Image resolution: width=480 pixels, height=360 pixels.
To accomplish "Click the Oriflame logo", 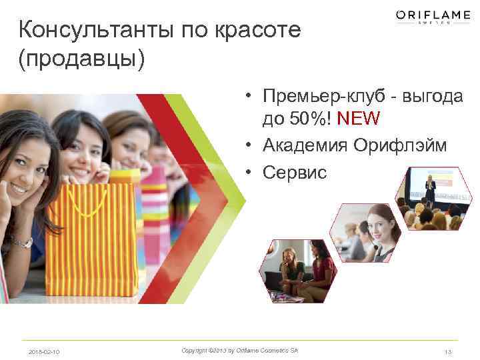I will pos(433,16).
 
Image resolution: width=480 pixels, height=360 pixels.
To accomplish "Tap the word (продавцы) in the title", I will pos(82,58).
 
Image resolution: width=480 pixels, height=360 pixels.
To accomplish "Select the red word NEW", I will pos(359,119).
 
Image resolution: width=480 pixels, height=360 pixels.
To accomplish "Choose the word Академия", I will pos(304,145).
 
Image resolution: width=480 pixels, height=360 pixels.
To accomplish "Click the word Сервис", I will pos(295,172).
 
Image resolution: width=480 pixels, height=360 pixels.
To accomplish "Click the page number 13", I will pos(447,351).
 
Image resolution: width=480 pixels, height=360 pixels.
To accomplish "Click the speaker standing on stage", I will pos(431,190).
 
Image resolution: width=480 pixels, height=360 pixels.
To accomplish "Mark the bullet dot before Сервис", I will pos(247,173).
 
